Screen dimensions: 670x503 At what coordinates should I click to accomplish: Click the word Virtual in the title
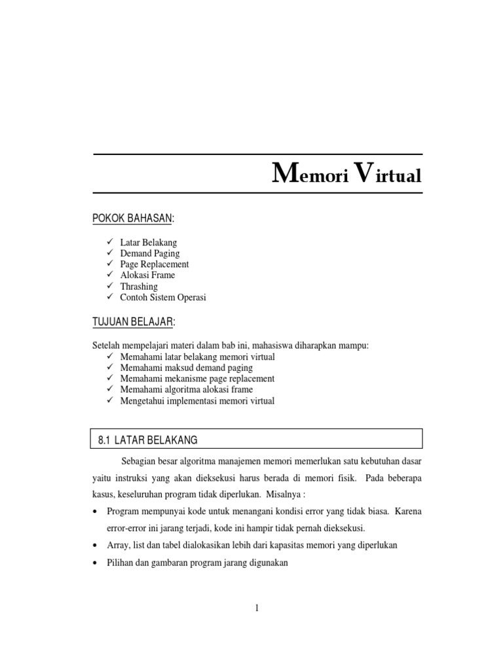pyautogui.click(x=386, y=175)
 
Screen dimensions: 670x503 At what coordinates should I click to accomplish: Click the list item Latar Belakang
pyautogui.click(x=149, y=242)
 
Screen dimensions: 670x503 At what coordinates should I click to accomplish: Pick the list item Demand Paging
pyautogui.click(x=150, y=253)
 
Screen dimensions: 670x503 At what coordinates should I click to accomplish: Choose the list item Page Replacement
pyautogui.click(x=155, y=264)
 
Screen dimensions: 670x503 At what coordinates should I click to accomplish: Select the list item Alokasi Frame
pyautogui.click(x=147, y=275)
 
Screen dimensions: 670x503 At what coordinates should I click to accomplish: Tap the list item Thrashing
pyautogui.click(x=139, y=287)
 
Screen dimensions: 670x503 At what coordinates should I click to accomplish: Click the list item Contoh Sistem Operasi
pyautogui.click(x=163, y=298)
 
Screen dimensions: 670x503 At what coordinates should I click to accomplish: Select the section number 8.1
pyautogui.click(x=105, y=440)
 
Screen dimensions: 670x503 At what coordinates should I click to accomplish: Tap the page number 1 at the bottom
pyautogui.click(x=257, y=608)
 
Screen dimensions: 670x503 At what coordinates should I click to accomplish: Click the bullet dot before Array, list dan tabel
pyautogui.click(x=96, y=545)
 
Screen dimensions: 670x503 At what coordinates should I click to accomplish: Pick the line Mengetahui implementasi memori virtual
pyautogui.click(x=197, y=401)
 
